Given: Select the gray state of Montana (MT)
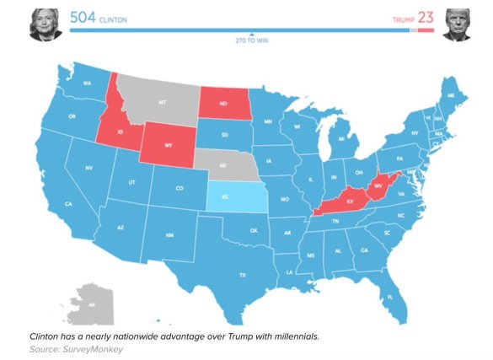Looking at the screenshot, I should click(x=160, y=101).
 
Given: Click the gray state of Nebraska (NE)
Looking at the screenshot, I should click(x=226, y=166).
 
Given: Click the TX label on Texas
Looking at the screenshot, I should click(x=242, y=275).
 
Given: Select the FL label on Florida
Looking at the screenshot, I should click(x=390, y=296).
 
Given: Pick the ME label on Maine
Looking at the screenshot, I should click(x=451, y=97).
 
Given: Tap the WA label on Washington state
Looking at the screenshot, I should click(x=87, y=83).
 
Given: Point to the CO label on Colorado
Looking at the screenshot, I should click(x=179, y=188).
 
